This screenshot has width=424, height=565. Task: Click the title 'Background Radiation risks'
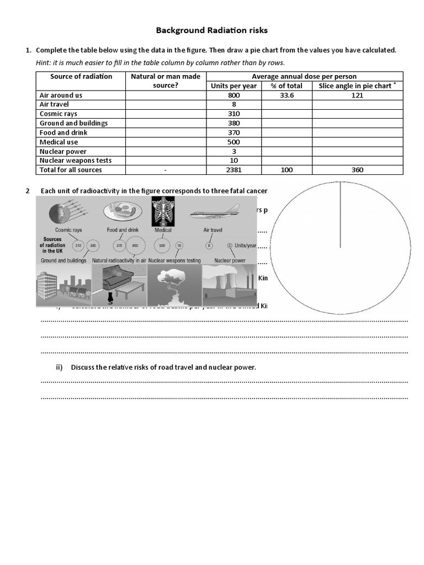coord(211,30)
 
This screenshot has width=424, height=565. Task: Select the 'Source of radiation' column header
coord(81,77)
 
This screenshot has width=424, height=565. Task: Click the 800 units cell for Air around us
coord(234,95)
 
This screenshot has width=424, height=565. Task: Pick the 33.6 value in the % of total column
coord(287,95)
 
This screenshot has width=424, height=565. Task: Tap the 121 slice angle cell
coord(357,95)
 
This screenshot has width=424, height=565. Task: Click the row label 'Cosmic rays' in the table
coord(59,114)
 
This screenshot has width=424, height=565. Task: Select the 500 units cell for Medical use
coord(234,142)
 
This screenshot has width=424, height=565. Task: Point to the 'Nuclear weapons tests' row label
coord(76,161)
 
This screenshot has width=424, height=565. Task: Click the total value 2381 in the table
coord(234,170)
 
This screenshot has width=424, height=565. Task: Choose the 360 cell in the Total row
coord(357,170)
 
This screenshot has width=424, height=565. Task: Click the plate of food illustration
coord(122,211)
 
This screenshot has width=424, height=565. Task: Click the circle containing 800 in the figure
coord(134,245)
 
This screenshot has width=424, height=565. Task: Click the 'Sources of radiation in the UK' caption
coord(52,245)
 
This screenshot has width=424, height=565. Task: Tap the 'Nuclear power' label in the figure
coord(230,260)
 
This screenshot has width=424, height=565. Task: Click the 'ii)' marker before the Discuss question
coord(59,367)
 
